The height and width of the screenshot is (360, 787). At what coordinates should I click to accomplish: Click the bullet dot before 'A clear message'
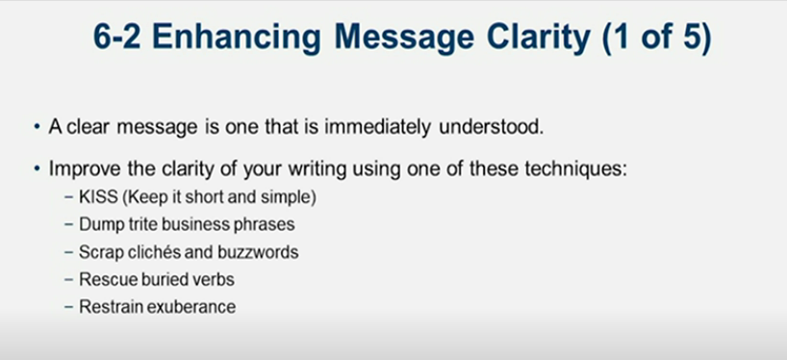pyautogui.click(x=37, y=127)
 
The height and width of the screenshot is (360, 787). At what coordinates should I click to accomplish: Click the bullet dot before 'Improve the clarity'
pyautogui.click(x=37, y=169)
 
